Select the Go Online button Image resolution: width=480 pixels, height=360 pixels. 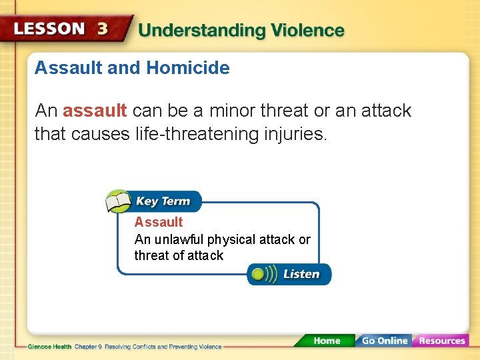tap(383, 341)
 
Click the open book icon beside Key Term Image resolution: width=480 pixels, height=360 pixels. tap(119, 201)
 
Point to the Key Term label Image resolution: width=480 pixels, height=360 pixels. tap(163, 201)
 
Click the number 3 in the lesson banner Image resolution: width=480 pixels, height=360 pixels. tap(103, 29)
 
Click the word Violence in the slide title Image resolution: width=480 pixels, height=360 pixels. tap(307, 31)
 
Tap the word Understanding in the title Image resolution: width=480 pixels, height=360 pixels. tap(201, 31)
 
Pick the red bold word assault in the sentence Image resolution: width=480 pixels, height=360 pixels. tap(95, 111)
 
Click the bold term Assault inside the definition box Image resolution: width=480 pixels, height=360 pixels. tap(159, 222)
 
